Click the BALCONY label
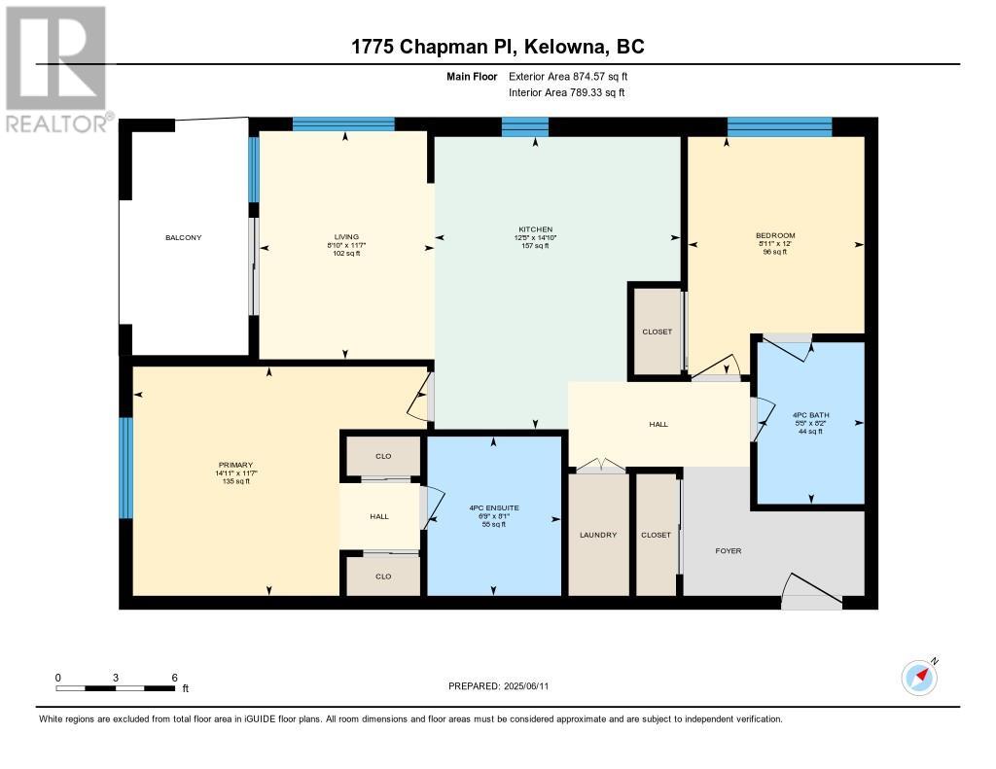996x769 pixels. coord(184,237)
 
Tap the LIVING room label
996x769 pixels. coord(347,237)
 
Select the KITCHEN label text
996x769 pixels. coord(536,229)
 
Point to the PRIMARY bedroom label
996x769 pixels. coord(235,465)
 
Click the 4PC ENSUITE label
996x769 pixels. coord(494,508)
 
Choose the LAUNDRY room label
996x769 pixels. coord(598,536)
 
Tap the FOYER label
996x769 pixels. coord(729,550)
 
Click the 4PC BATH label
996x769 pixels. coord(811,415)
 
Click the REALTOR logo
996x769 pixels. coord(57,69)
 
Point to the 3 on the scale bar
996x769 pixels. coord(116,678)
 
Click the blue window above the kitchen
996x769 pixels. coord(524,126)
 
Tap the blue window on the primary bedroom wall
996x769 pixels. coord(126,468)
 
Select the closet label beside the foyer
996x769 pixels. coord(657,536)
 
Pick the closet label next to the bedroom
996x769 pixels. coord(658,332)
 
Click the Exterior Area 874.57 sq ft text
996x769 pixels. coord(568,76)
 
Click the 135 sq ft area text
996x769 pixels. coord(235,481)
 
